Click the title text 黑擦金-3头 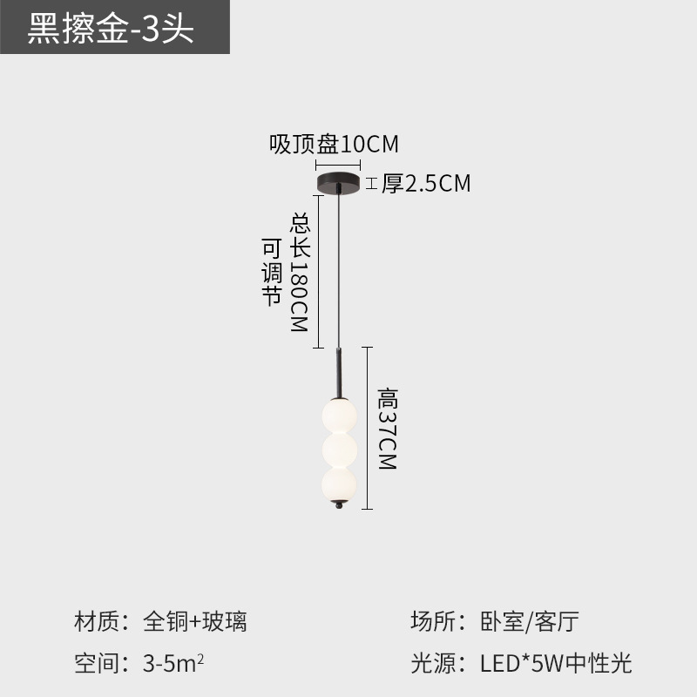(111, 29)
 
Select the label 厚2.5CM (426, 184)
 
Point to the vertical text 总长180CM (299, 272)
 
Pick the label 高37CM (387, 430)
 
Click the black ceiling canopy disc (338, 185)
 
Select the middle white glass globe (338, 450)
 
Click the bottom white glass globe (338, 485)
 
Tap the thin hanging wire (338, 270)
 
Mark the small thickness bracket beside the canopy (371, 184)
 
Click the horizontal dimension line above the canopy (338, 164)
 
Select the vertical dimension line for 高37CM (370, 427)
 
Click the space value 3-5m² (173, 664)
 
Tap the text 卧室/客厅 (530, 621)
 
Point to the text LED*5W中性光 (556, 664)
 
